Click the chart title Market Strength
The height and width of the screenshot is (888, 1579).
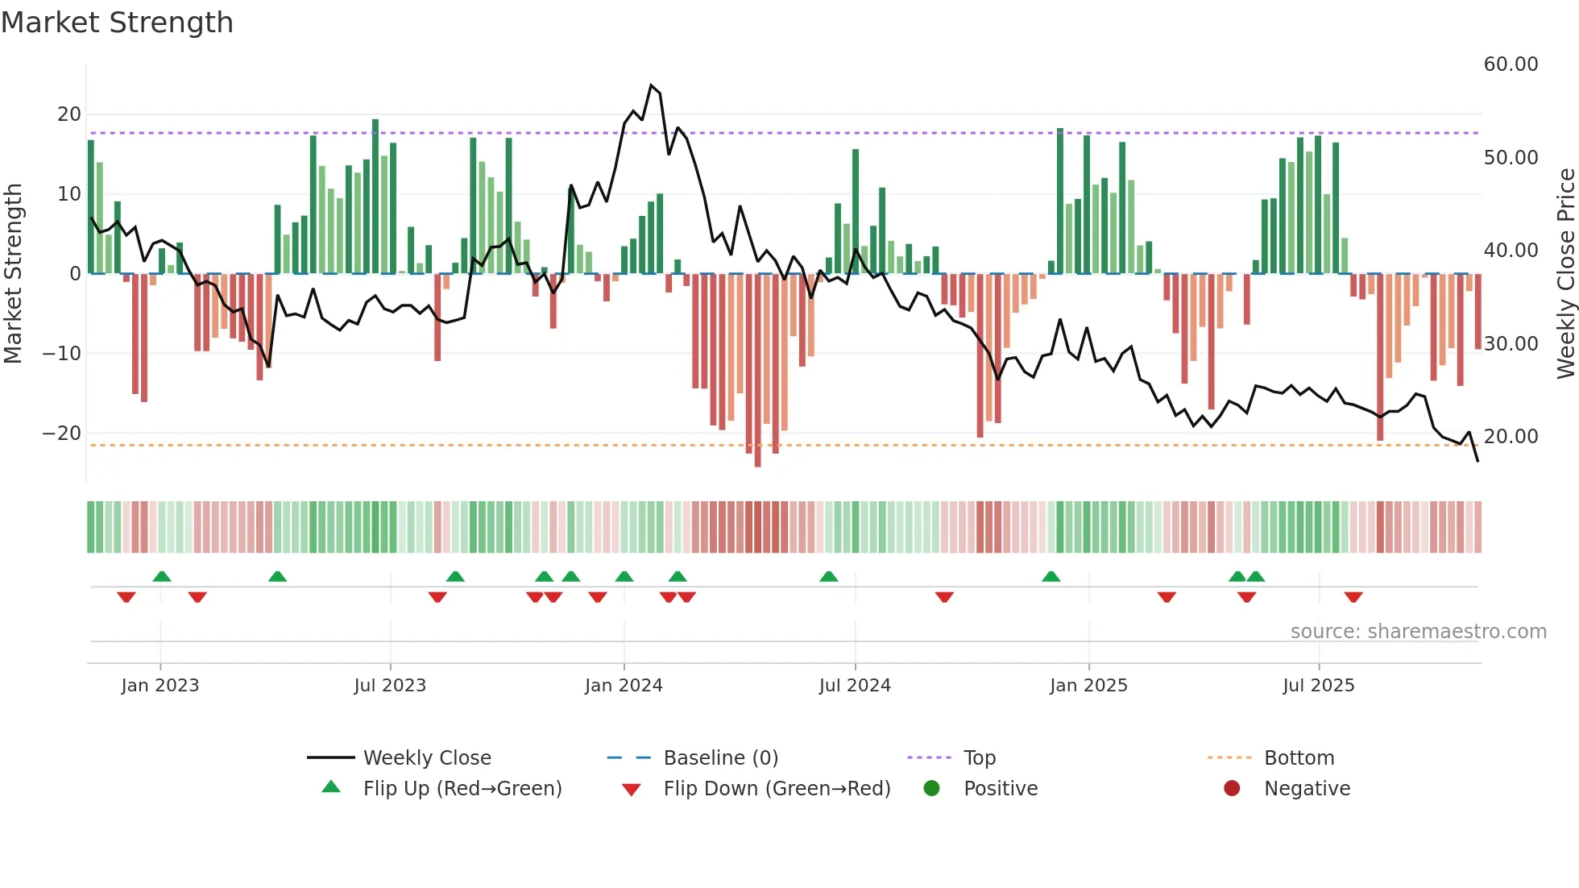coord(117,23)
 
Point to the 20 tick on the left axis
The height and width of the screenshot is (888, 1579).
coord(69,114)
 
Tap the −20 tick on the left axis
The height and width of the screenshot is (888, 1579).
coord(63,434)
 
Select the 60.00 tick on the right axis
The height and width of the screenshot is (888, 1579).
coord(1511,64)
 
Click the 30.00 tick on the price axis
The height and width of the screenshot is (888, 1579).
coord(1511,344)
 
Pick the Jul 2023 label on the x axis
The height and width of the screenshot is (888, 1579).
coord(390,686)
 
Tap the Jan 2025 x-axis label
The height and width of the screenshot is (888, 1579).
coord(1088,686)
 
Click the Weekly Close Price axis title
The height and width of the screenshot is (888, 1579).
coord(1565,274)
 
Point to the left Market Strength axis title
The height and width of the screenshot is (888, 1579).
coord(13,274)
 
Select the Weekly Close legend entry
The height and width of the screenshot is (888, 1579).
coord(427,758)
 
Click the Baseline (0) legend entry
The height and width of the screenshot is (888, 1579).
coord(720,758)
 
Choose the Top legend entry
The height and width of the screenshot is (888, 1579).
coord(980,758)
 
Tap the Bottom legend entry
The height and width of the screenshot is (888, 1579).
coord(1299,758)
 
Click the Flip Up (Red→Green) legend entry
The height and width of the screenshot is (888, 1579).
coord(462,789)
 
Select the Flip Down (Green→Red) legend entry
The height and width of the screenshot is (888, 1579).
coord(777,789)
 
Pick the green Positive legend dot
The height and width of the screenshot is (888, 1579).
coord(932,789)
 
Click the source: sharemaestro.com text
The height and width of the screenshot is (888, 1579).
coord(1418,632)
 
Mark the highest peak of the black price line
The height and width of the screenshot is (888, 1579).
coord(651,85)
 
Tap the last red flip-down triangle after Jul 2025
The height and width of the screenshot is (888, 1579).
coord(1353,597)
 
